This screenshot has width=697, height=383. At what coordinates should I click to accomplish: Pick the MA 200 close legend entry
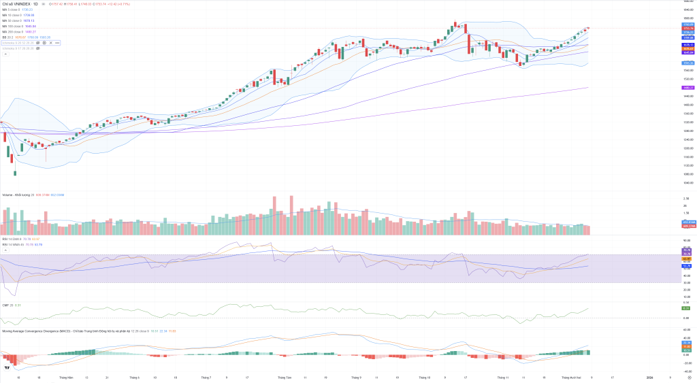[12, 32]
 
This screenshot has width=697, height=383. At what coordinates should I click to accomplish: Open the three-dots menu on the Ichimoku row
[58, 43]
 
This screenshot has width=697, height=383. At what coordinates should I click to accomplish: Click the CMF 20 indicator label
[7, 305]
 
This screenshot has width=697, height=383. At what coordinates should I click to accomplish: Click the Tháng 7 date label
[206, 377]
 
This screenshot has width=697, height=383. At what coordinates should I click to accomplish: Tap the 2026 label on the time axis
[649, 377]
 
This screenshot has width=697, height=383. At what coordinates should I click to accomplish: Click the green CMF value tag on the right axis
[687, 309]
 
